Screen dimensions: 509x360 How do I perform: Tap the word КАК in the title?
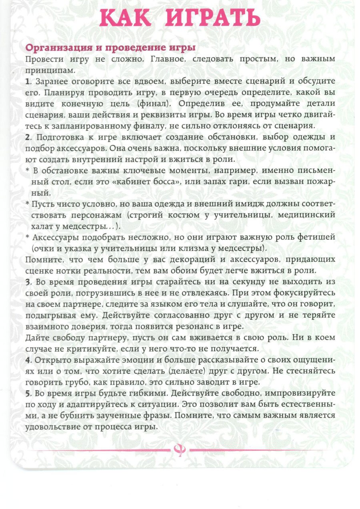[124, 18]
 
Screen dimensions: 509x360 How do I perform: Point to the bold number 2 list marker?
[28, 137]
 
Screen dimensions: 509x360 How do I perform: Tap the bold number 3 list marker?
[28, 281]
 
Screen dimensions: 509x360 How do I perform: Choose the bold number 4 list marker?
[28, 359]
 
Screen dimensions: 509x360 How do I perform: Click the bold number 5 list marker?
[28, 393]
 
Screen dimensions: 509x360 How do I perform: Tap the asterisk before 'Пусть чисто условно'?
[28, 204]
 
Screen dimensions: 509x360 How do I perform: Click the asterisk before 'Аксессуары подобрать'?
[28, 237]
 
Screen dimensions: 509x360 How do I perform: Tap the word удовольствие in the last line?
[50, 426]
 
